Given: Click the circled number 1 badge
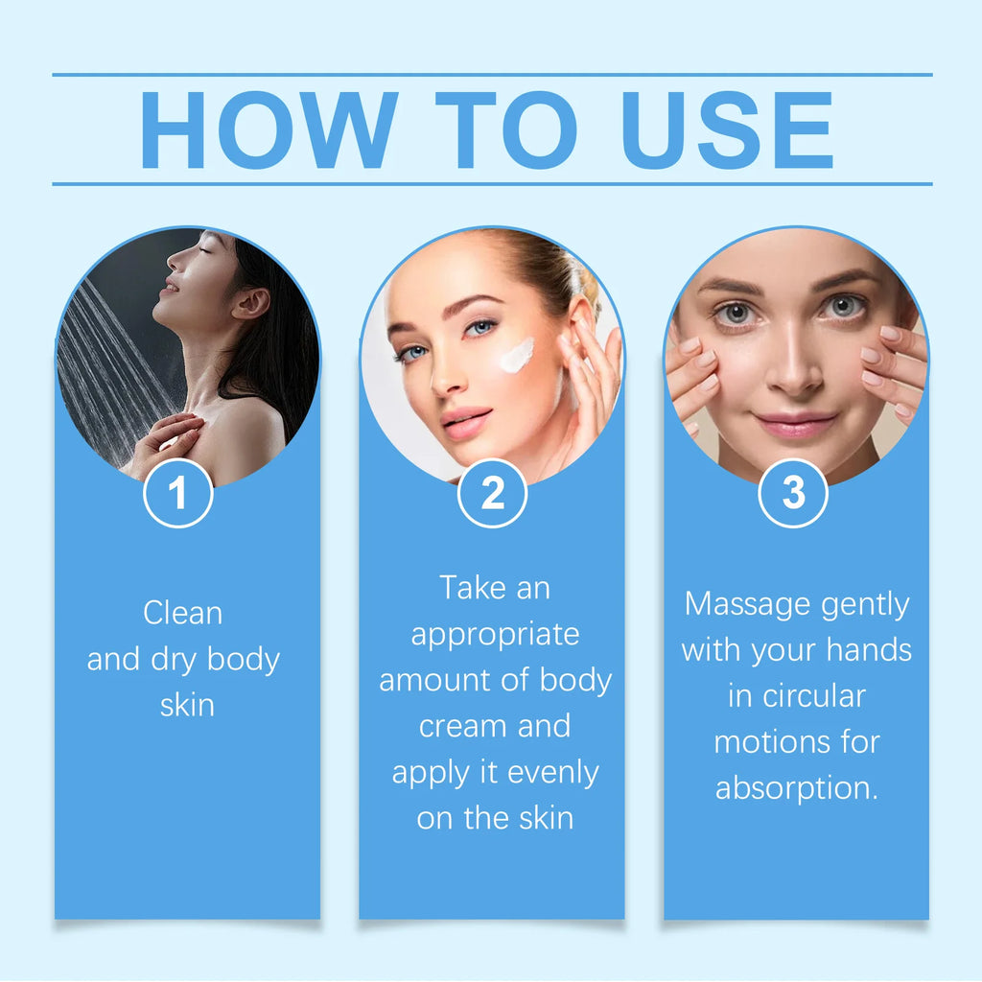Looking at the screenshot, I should coord(177,493).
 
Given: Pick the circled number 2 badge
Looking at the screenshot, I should coord(492,493).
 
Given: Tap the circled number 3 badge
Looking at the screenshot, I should coord(793,493).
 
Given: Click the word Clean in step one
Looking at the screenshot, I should coord(182,613).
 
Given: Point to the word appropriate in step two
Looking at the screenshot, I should coord(495,634).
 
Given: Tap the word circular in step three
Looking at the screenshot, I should coord(796,695).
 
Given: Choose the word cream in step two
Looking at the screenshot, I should coord(454,726).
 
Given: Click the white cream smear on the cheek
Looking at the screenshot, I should coord(516,356).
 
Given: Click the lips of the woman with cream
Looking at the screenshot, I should coord(466,423).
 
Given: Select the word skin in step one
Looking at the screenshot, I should coord(186,705).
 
